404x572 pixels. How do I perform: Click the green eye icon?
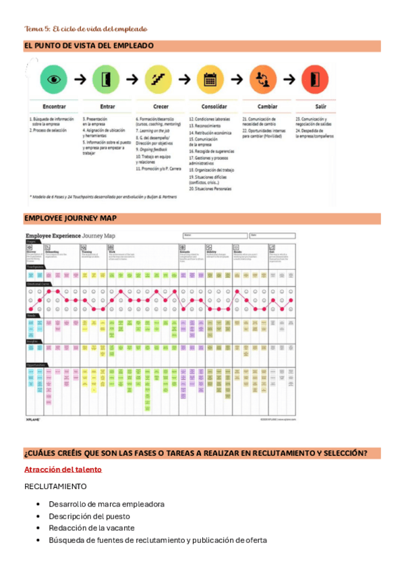point(54,79)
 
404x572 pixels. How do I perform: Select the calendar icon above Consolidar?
point(210,79)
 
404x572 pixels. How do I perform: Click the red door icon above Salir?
point(315,79)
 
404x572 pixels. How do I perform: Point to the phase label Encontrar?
point(54,107)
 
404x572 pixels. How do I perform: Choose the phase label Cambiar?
point(267,107)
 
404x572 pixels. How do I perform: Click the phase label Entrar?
point(107,107)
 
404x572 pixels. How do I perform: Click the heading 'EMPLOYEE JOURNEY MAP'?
point(70,219)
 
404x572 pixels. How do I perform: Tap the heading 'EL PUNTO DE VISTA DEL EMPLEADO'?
point(88,46)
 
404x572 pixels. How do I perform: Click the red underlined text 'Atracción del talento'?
point(63,469)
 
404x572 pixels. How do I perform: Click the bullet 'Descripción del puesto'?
point(90,516)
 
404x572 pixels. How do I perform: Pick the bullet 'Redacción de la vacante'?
point(92,528)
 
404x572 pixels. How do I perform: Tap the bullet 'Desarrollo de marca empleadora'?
point(106,504)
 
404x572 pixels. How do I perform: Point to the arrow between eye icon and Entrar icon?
point(80,80)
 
